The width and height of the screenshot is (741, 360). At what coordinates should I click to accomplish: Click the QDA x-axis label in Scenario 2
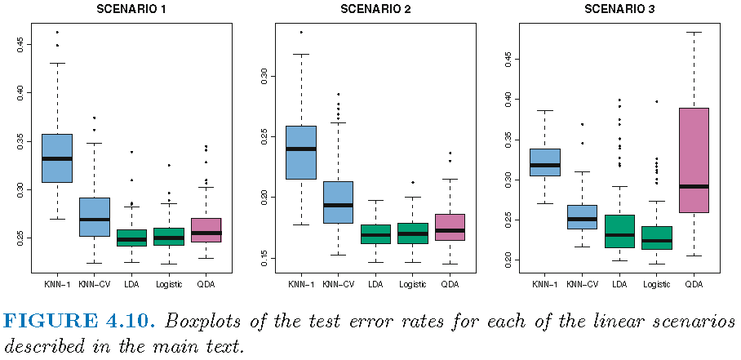[450, 284]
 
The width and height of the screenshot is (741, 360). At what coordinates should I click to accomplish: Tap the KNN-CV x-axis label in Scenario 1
[94, 284]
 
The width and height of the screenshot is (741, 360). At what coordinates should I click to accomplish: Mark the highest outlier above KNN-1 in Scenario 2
[300, 32]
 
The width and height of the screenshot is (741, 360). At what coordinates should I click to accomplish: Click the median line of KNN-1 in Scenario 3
[544, 165]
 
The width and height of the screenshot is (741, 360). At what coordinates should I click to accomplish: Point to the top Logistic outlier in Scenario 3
[656, 102]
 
